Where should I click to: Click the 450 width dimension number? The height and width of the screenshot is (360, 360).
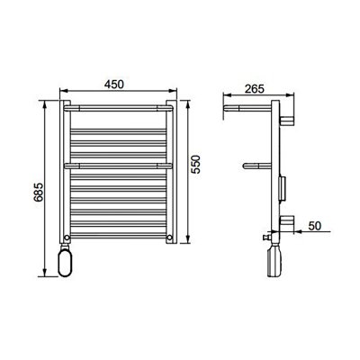pos(114,83)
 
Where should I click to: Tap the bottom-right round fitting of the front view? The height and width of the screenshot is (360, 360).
pos(169,237)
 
